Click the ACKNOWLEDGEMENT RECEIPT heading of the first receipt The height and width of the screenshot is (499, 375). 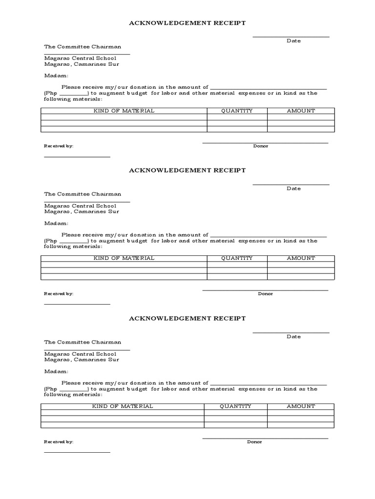coord(187,22)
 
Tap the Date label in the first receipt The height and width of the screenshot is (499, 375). coord(293,41)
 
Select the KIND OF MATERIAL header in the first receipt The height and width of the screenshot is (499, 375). coord(124,111)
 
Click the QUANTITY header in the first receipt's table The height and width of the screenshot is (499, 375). coord(237,111)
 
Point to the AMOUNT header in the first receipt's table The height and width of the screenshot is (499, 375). coord(301,111)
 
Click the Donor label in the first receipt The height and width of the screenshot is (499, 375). coord(260,146)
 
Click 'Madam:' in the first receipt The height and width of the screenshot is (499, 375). coord(56,76)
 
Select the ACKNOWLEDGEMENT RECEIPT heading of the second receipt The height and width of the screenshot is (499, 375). coord(187,170)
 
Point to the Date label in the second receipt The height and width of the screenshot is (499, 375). coord(293,189)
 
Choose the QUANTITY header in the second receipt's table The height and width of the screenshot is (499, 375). coord(237,258)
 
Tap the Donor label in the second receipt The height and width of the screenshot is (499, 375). coord(265,294)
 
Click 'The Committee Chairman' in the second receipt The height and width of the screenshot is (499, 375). coord(83,194)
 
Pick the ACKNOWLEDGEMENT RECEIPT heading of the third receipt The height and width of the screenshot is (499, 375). coord(187,318)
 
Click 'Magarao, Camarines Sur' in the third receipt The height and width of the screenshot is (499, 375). coord(82,360)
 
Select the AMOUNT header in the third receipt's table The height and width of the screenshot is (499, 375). coord(301,406)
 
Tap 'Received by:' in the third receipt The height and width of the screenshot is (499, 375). coord(59,442)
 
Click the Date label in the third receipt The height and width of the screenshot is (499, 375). coord(293,337)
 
